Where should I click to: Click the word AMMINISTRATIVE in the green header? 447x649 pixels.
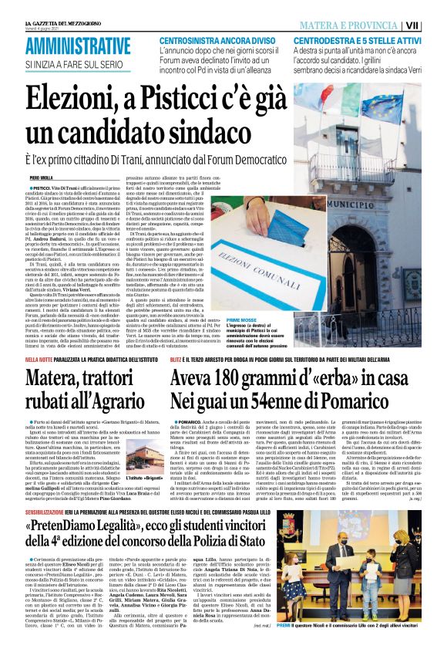click(x=78, y=45)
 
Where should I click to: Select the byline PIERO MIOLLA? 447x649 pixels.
click(x=42, y=177)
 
